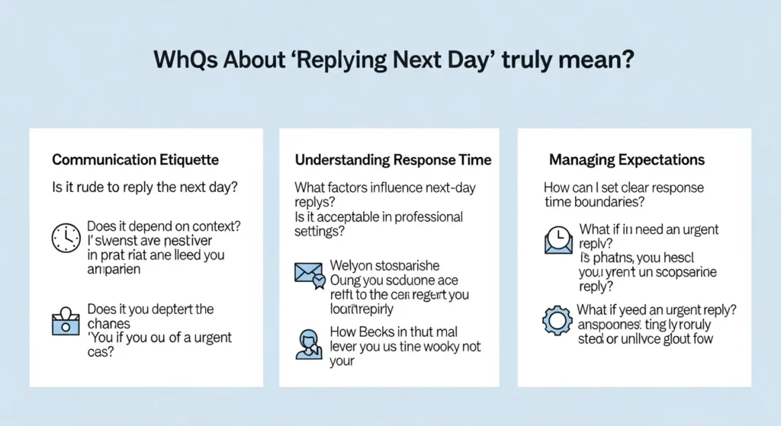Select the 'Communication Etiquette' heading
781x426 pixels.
tap(135, 160)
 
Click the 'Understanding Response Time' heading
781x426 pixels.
tap(393, 160)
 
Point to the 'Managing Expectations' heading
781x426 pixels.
tap(626, 160)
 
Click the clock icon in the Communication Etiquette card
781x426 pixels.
tap(66, 239)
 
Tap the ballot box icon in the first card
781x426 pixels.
tap(66, 322)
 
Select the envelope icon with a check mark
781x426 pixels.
tap(310, 274)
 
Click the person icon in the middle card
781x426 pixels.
tap(309, 344)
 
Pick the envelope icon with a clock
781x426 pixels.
tap(558, 240)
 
